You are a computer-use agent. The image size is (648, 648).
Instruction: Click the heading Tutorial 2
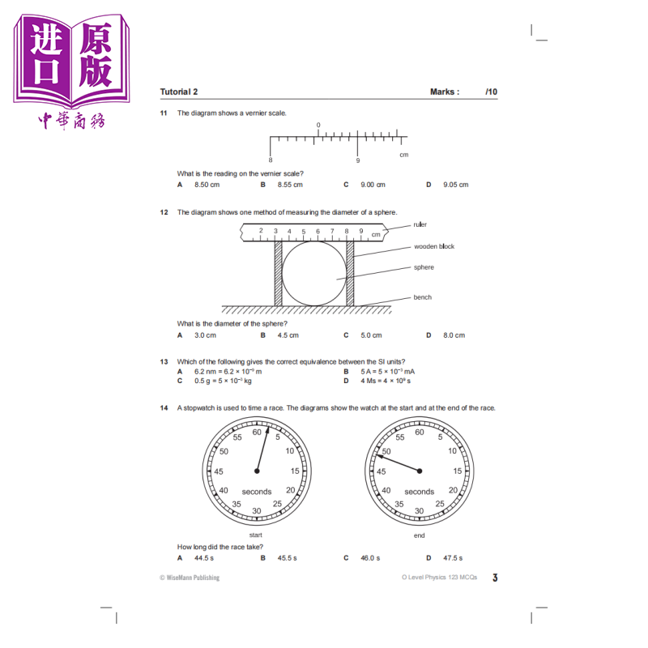pos(179,92)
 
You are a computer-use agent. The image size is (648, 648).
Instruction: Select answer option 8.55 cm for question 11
pos(290,185)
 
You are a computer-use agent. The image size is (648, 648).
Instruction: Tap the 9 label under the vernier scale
pos(358,160)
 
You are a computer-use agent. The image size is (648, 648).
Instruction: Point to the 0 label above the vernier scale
pos(318,125)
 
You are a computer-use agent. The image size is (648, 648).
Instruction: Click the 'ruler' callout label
pos(420,224)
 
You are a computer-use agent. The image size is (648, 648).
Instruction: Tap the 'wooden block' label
pos(434,246)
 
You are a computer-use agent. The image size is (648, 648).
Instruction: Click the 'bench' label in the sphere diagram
pos(422,297)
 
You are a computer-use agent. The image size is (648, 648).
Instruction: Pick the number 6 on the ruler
pos(318,232)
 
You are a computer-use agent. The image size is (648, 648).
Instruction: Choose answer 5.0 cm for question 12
pos(371,335)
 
